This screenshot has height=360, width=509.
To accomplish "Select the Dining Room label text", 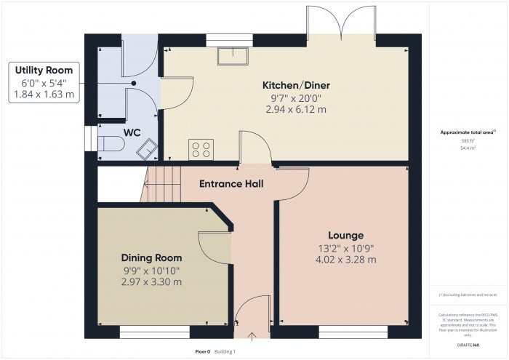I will [151, 258].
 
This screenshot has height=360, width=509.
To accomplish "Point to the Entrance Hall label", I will [231, 183].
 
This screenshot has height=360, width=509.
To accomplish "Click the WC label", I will [132, 132].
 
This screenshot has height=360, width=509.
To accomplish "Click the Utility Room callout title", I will [44, 71].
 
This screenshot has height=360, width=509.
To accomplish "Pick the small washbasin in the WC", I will [149, 148].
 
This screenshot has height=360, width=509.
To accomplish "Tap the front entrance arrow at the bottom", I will [252, 335].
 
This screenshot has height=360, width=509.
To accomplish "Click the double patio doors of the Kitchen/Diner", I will [341, 22].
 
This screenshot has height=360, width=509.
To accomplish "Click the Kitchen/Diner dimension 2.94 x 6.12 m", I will [294, 109].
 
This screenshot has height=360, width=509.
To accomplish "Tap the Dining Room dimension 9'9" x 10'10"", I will [151, 271].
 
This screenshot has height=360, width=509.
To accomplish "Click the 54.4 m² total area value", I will [468, 148].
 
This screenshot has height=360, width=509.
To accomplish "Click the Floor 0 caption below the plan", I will [203, 351].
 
